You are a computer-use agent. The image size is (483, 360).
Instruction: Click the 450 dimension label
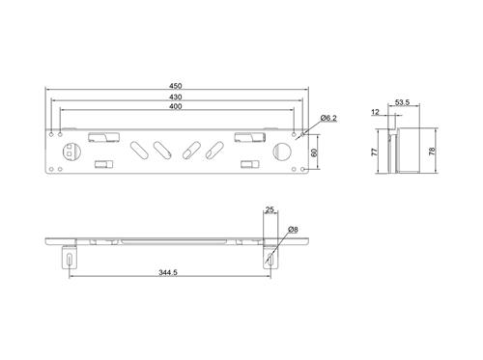pos(175,86)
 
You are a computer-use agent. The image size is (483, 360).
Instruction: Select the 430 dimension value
pos(175,97)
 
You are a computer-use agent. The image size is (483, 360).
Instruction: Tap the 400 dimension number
pos(175,106)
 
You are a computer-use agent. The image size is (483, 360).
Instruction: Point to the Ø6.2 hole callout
pos(327,119)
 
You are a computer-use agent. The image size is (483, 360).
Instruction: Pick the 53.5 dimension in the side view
pos(402,100)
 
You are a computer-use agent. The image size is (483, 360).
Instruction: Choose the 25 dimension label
pos(270,209)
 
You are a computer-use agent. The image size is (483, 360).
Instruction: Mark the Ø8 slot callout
pos(293,229)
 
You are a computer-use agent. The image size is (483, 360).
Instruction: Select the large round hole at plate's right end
pos(282,152)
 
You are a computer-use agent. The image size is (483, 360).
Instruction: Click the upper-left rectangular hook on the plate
pos(99,137)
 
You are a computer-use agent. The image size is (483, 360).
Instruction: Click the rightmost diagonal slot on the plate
pos(213,152)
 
